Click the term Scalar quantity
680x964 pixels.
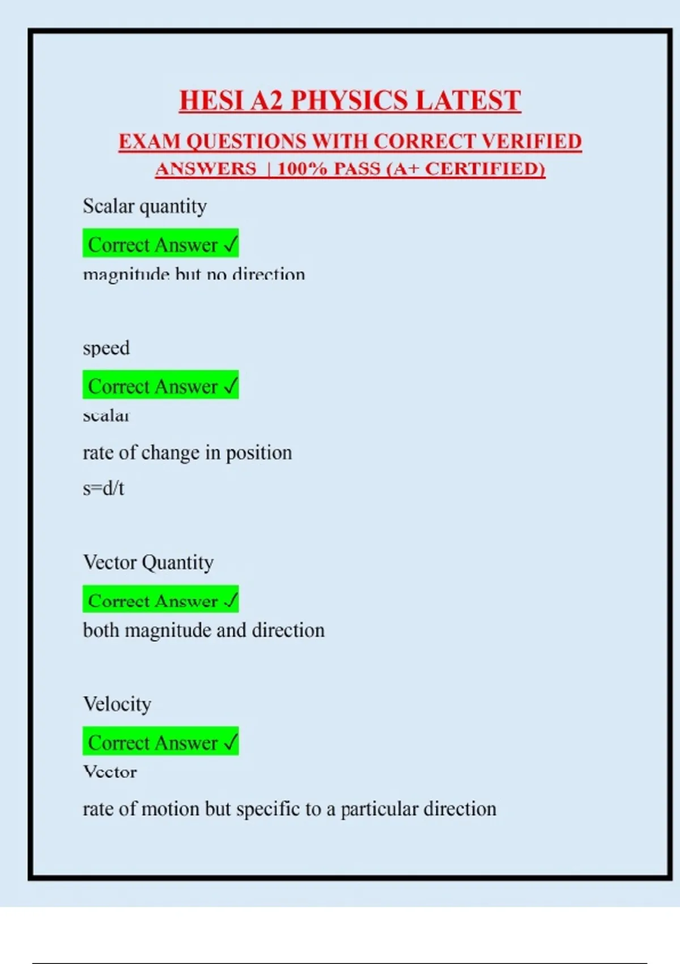coord(144,206)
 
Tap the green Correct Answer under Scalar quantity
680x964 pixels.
coord(160,244)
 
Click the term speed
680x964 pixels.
coord(106,348)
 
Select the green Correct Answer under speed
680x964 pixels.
coord(160,386)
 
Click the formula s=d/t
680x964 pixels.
coord(103,488)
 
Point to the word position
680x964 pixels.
coord(259,453)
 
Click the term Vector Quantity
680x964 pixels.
coord(148,563)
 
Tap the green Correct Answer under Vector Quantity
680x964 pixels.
coord(160,601)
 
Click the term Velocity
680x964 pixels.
coord(117,704)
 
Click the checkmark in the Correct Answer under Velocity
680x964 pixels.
coord(230,742)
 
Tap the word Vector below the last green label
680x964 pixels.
coord(110,772)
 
